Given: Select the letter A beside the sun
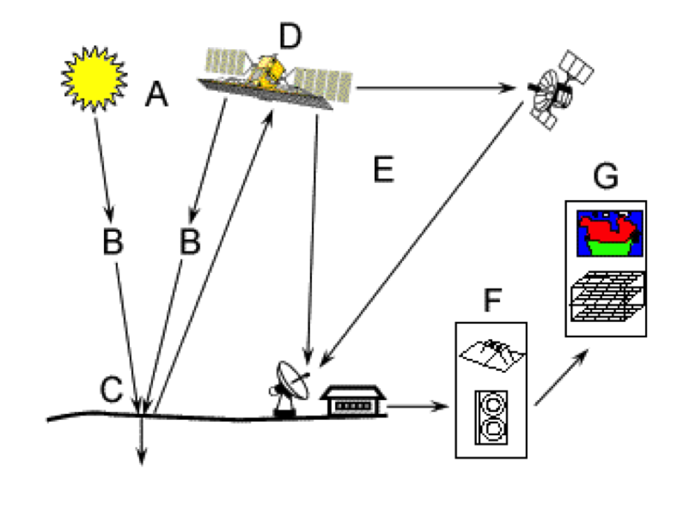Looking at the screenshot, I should tap(156, 94).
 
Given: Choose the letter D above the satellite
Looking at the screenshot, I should tap(291, 35).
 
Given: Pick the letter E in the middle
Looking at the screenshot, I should tap(382, 170).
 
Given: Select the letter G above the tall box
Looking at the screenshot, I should tap(606, 178).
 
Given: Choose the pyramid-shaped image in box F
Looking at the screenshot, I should tap(489, 352).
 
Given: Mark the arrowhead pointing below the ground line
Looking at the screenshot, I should tap(143, 460).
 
